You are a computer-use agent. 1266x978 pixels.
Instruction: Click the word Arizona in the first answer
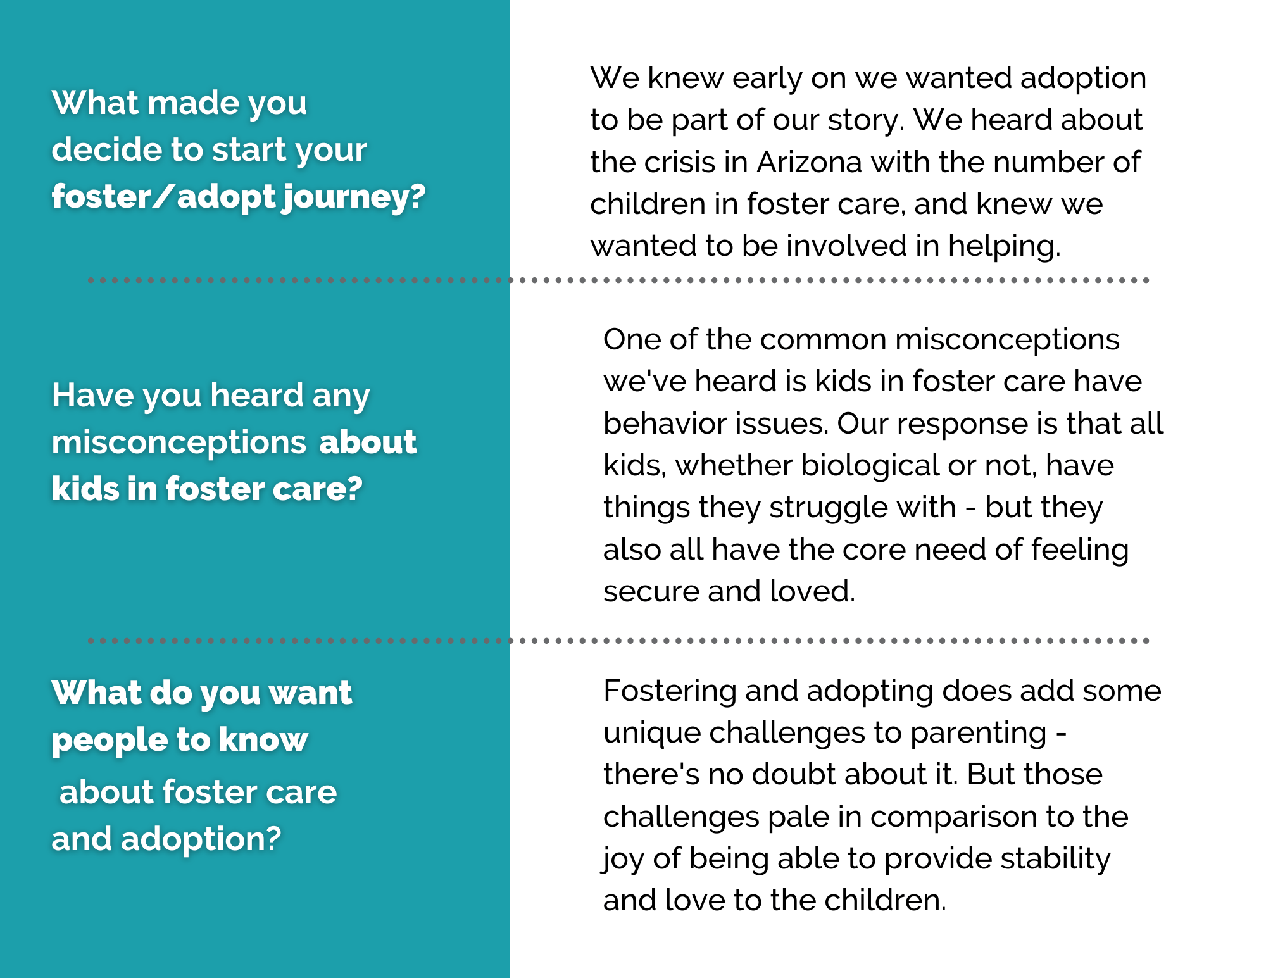point(810,162)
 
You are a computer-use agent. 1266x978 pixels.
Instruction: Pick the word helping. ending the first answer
point(1005,246)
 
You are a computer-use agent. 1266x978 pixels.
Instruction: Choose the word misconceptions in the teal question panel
point(179,442)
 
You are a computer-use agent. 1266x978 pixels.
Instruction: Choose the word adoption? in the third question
point(201,839)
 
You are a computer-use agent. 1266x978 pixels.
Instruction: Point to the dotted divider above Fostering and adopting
point(618,641)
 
